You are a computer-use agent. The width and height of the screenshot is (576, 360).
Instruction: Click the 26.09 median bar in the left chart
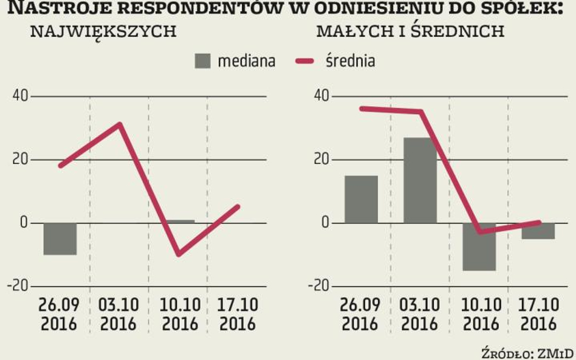click(60, 239)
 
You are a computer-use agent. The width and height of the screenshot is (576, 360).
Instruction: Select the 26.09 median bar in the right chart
click(361, 199)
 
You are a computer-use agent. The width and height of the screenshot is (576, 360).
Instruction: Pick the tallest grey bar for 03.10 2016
click(420, 180)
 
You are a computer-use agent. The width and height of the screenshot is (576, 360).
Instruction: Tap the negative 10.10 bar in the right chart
click(479, 246)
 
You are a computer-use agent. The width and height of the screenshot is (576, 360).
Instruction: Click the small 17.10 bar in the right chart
click(538, 231)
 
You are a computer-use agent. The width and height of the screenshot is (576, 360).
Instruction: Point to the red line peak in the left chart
click(120, 124)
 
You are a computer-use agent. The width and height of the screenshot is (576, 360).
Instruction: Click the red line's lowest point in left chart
click(179, 254)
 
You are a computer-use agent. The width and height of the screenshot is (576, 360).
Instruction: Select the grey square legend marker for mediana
click(203, 61)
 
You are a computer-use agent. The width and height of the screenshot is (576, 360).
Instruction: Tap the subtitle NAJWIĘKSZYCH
click(103, 32)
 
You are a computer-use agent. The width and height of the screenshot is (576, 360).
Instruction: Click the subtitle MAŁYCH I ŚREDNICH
click(410, 32)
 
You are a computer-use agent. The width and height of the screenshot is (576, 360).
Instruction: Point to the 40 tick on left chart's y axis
click(19, 96)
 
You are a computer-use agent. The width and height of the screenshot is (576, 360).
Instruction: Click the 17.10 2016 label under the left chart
click(238, 314)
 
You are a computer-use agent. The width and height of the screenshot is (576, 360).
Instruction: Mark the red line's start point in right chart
click(362, 109)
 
